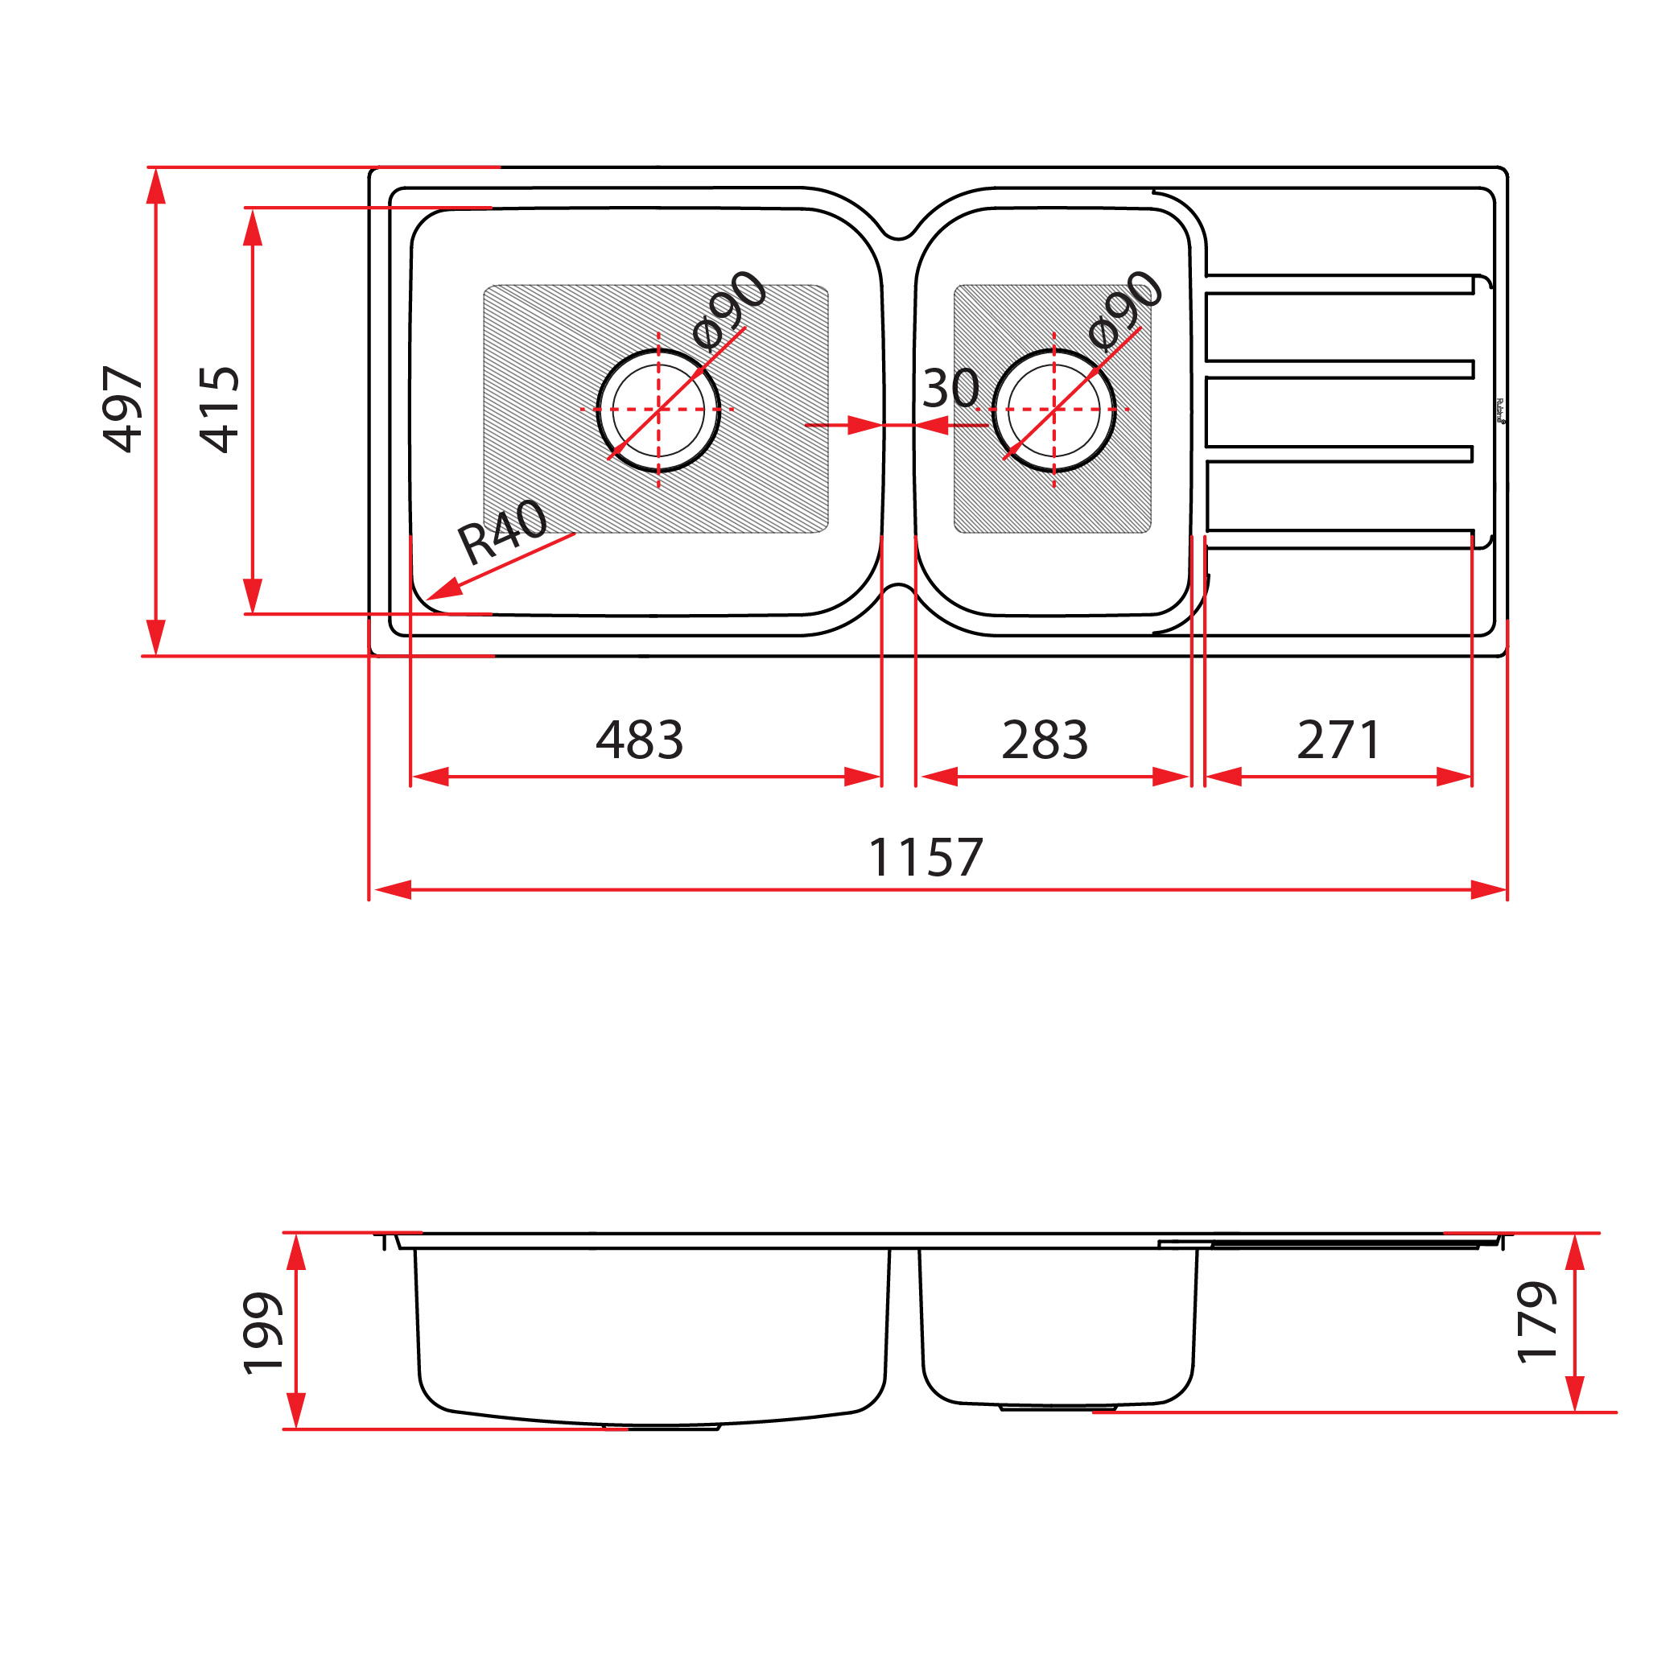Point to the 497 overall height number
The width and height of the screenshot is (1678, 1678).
pos(122,409)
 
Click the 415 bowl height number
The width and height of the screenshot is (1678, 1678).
pos(219,409)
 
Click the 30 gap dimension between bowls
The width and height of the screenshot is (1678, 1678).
pos(950,388)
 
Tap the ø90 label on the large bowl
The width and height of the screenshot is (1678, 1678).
pos(731,307)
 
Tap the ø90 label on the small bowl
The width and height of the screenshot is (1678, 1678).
pos(1125,308)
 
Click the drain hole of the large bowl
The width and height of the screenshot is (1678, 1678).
pos(658,410)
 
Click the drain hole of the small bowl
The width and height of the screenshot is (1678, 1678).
pos(1053,410)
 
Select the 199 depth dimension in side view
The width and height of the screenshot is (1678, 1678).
pos(262,1334)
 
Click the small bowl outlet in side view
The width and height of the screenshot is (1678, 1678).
pos(1058,1407)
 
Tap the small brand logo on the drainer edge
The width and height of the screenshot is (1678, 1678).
pos(1500,410)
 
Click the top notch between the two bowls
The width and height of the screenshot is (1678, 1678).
pos(898,233)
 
